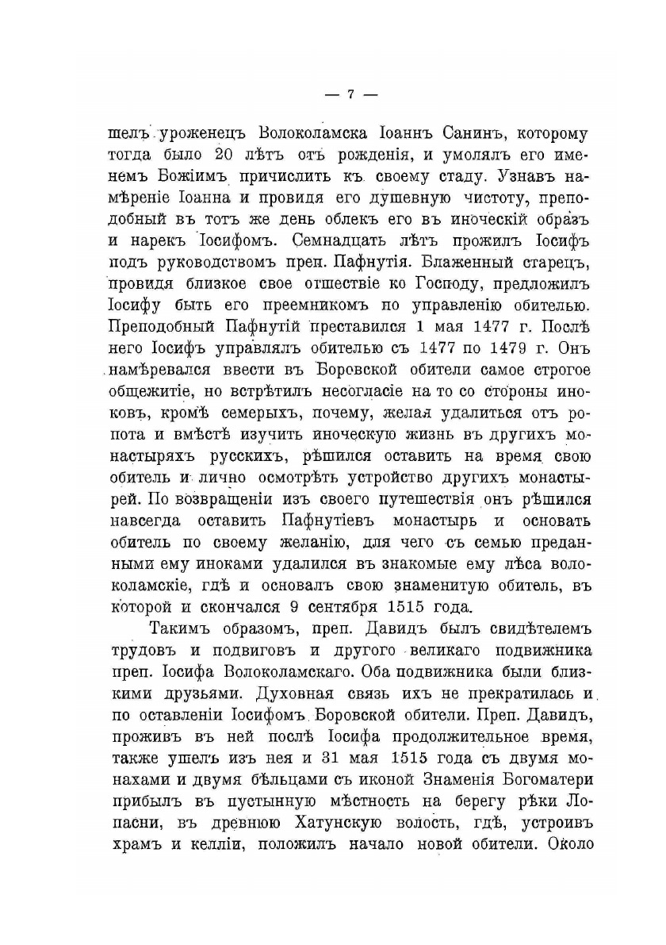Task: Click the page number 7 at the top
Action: pos(350,94)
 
